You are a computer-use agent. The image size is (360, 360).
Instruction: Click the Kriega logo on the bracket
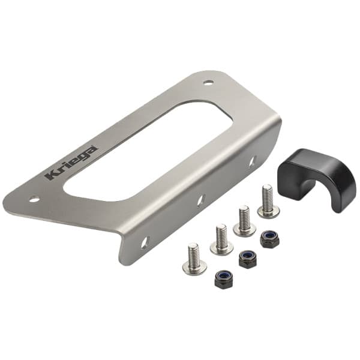73,161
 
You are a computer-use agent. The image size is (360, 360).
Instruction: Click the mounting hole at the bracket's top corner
208,83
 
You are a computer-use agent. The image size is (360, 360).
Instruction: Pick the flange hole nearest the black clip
252,161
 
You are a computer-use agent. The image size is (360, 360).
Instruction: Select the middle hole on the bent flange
201,199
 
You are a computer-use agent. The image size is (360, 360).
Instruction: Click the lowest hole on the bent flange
145,242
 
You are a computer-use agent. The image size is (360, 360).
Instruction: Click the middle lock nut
247,259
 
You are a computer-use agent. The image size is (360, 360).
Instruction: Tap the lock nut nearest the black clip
269,239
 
